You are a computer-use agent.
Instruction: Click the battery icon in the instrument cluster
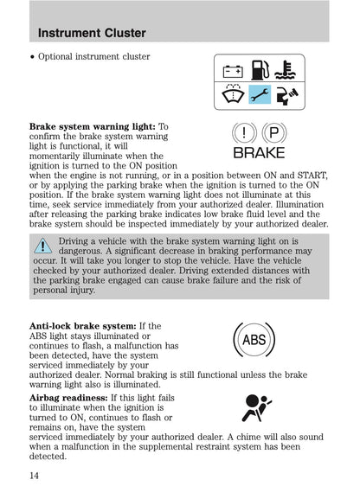(x=233, y=70)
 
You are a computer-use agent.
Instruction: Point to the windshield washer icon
(x=233, y=94)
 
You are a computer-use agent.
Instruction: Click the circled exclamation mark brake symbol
(x=247, y=133)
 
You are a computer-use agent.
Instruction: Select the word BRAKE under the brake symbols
(x=259, y=153)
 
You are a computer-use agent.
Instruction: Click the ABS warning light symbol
(x=254, y=340)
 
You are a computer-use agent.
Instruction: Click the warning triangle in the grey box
(x=42, y=245)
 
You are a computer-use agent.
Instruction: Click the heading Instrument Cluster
(x=92, y=34)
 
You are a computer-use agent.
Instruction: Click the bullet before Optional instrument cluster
(x=32, y=57)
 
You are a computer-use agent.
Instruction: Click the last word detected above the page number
(x=48, y=456)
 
